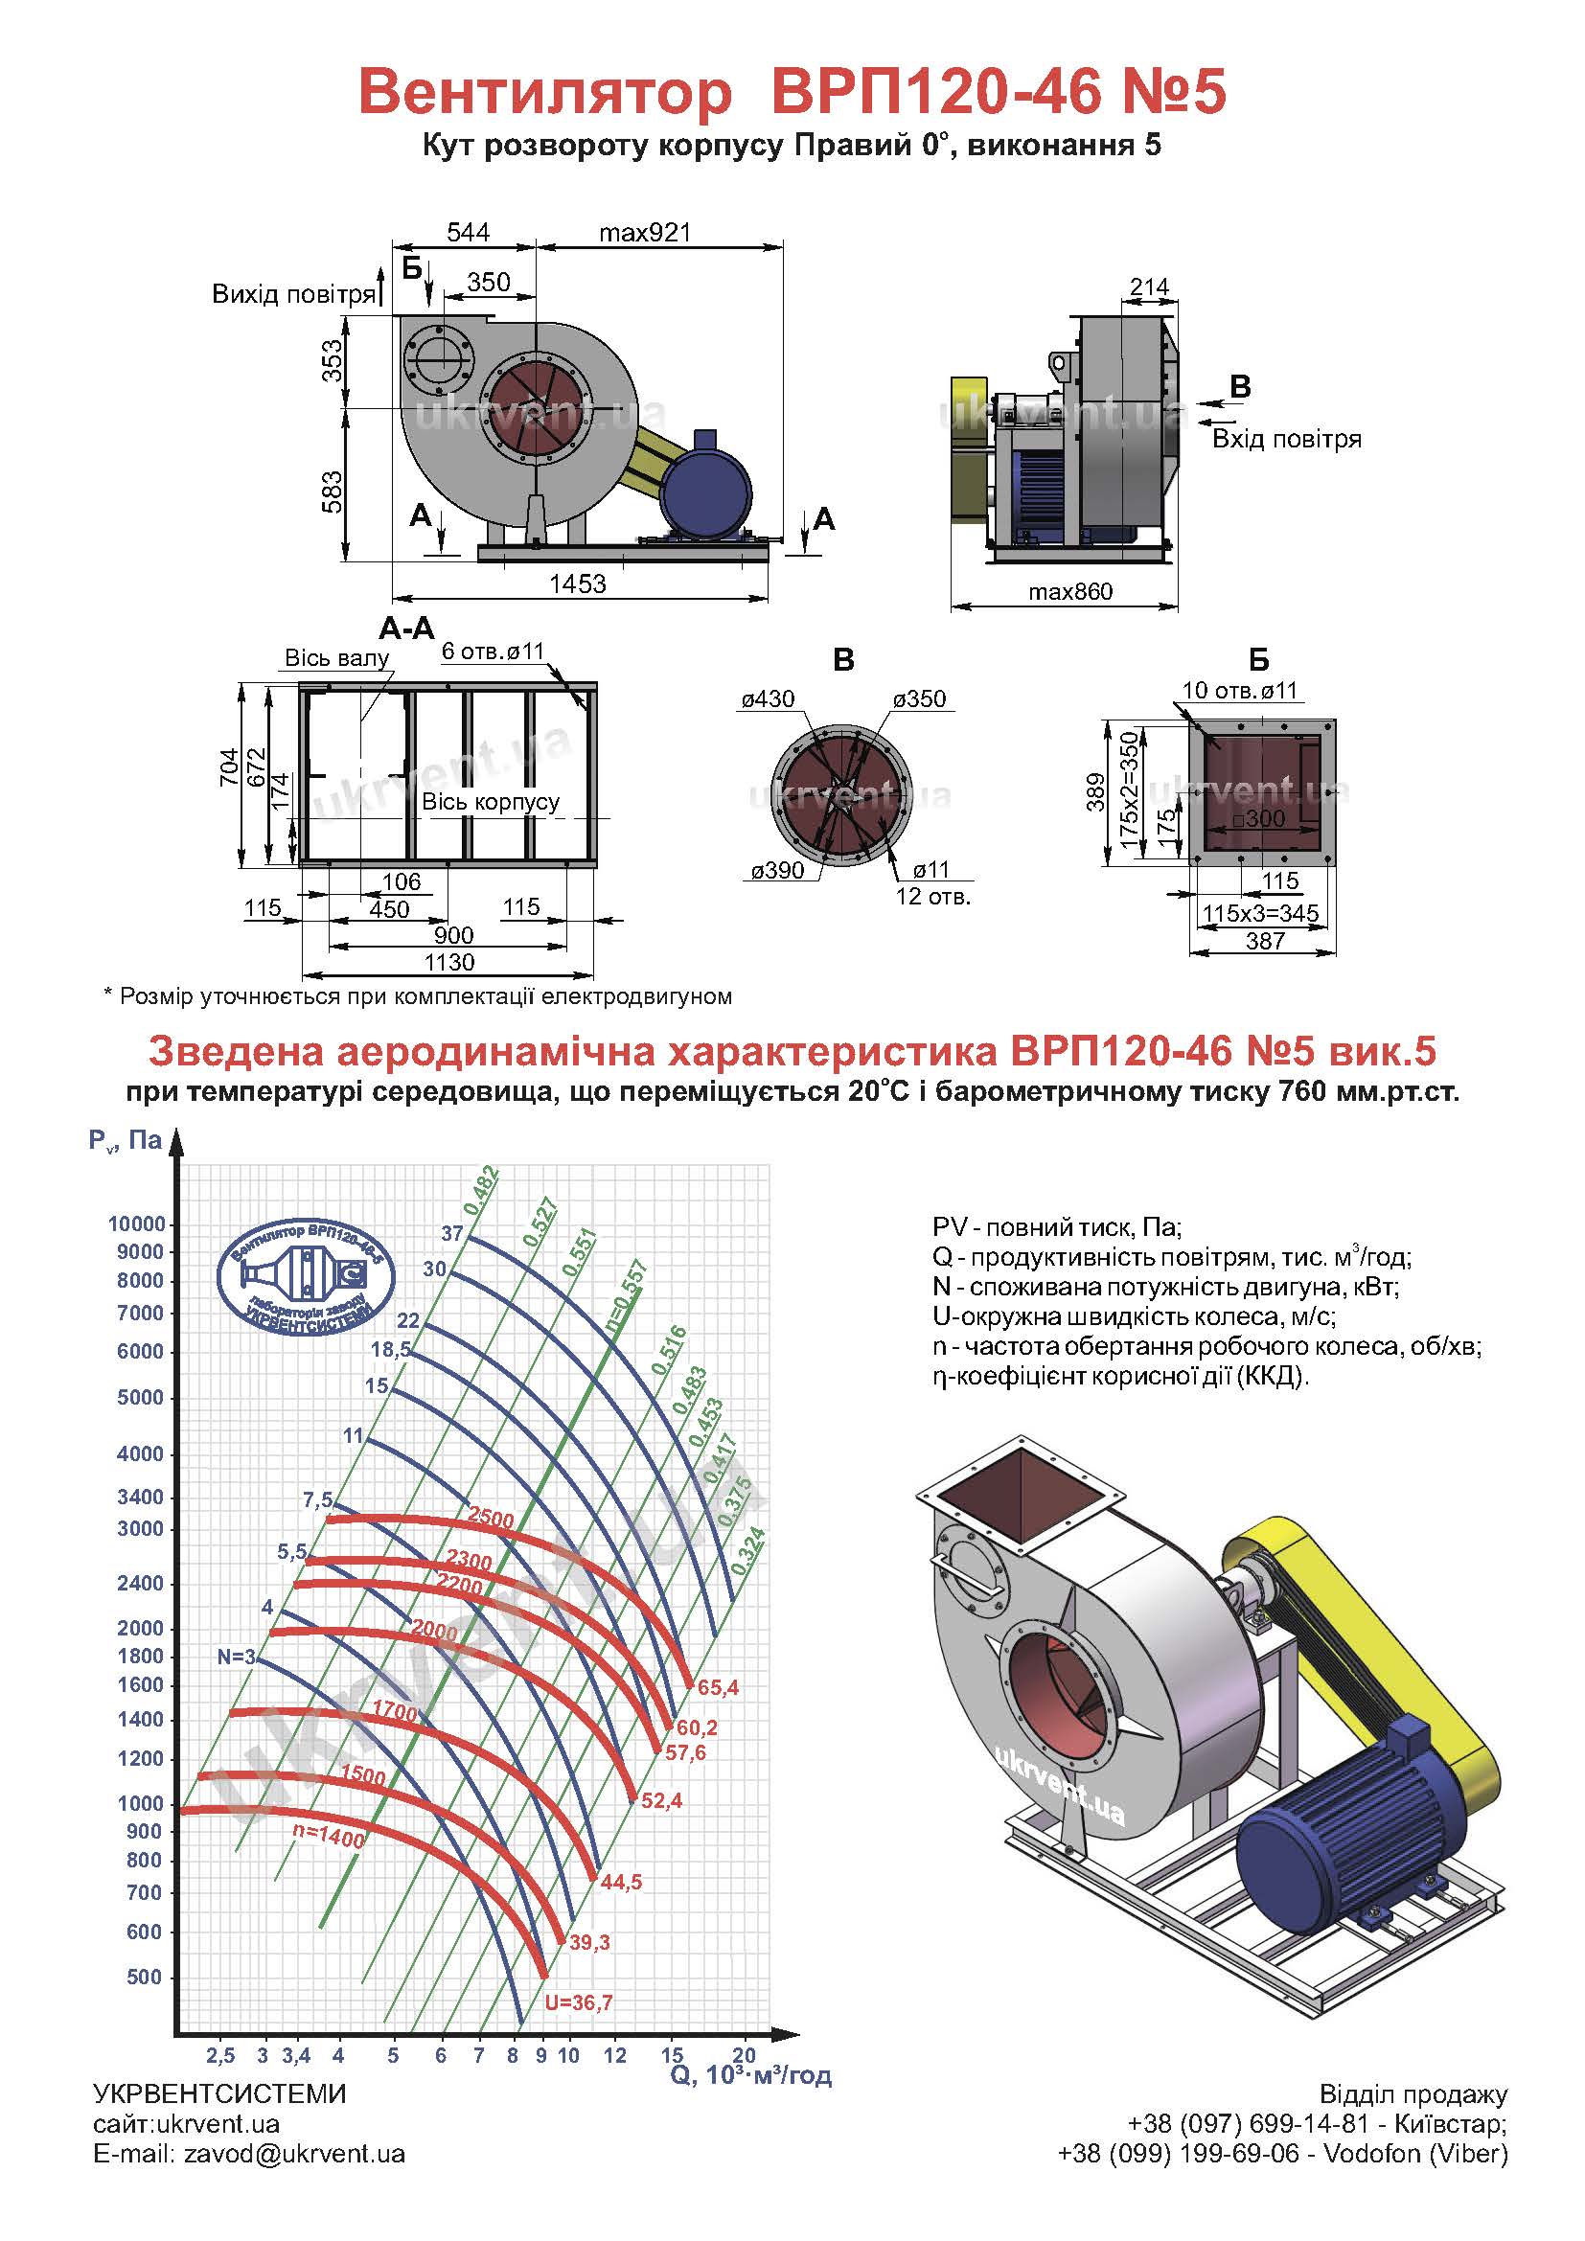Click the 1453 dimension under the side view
[578, 583]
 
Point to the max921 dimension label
[645, 232]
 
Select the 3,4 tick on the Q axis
[297, 2055]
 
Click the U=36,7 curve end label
[579, 2002]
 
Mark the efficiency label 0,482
[482, 1190]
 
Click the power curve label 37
[452, 1234]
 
